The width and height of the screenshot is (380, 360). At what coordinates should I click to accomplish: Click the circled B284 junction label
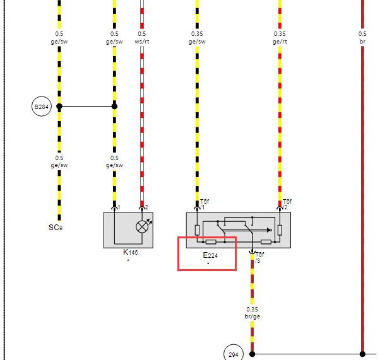click(42, 107)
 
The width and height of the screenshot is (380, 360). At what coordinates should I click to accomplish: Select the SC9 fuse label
click(56, 228)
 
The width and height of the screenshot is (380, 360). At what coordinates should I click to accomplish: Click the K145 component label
click(131, 252)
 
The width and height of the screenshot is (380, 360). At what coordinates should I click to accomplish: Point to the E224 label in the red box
click(210, 255)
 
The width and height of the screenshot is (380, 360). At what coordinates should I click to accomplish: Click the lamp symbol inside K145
click(142, 227)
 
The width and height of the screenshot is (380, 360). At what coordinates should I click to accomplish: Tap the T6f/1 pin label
click(205, 204)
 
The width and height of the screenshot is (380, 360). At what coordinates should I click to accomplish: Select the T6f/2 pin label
click(287, 204)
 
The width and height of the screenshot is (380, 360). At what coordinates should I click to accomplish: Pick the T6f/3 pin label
click(260, 257)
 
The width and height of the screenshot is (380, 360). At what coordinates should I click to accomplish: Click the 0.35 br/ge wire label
click(252, 313)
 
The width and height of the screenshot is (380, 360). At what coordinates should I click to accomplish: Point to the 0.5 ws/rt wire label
click(142, 38)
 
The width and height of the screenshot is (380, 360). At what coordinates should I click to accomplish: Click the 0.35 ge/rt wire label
click(280, 38)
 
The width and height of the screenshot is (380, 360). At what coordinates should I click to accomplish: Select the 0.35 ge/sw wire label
click(197, 38)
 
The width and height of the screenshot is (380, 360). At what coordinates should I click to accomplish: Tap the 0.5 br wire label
click(362, 38)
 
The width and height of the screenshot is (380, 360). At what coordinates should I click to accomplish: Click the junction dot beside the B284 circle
click(59, 107)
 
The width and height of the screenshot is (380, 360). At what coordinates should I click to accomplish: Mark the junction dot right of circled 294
click(252, 354)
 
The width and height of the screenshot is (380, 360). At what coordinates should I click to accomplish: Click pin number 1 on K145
click(119, 207)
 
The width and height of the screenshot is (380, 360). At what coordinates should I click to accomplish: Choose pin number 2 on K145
click(146, 207)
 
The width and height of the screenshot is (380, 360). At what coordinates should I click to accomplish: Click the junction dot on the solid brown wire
click(362, 354)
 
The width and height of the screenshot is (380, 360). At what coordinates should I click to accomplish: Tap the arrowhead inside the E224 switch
click(269, 229)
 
